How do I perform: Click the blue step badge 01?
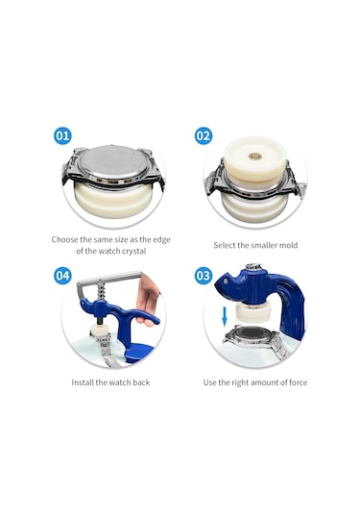click(x=62, y=135)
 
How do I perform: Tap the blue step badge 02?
click(x=204, y=135)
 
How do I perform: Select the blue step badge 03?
click(x=204, y=276)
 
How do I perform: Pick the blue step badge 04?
click(x=62, y=276)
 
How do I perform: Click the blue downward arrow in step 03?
click(x=225, y=316)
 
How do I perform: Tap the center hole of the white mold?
click(x=253, y=156)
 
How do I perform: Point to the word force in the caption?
click(x=299, y=382)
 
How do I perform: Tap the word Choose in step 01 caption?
click(x=65, y=239)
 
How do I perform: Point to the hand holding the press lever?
click(x=149, y=301)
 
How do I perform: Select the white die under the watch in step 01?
click(x=113, y=200)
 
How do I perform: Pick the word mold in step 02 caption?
click(x=289, y=245)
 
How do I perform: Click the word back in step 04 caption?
click(x=141, y=382)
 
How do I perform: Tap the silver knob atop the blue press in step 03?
click(x=252, y=266)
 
